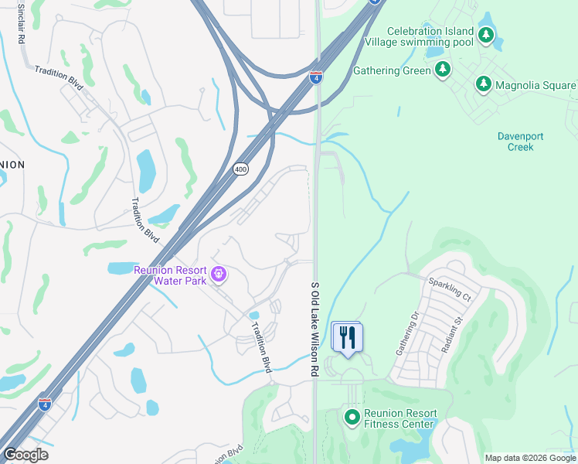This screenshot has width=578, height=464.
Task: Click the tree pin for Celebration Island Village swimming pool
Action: click(x=485, y=35)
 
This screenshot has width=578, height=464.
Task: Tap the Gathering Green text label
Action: click(x=392, y=70)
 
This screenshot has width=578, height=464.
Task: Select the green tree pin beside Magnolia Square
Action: click(x=484, y=84)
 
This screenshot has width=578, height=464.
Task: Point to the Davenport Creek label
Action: click(x=520, y=142)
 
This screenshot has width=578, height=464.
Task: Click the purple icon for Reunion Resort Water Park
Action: click(x=219, y=274)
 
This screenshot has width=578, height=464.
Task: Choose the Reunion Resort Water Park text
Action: click(x=170, y=275)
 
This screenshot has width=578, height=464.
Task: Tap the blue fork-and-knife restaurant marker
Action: click(x=347, y=337)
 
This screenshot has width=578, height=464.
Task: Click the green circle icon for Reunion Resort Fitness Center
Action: click(x=352, y=418)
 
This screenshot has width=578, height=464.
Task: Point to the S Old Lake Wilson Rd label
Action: click(x=314, y=329)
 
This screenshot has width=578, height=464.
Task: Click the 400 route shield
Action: click(x=240, y=169)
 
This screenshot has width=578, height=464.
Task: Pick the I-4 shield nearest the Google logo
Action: click(x=46, y=404)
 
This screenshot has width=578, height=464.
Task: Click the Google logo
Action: click(x=25, y=455)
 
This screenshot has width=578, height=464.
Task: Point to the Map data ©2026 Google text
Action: click(x=529, y=458)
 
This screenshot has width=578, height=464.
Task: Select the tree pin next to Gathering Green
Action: click(x=444, y=70)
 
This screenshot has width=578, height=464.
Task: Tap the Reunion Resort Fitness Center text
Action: click(x=400, y=418)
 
